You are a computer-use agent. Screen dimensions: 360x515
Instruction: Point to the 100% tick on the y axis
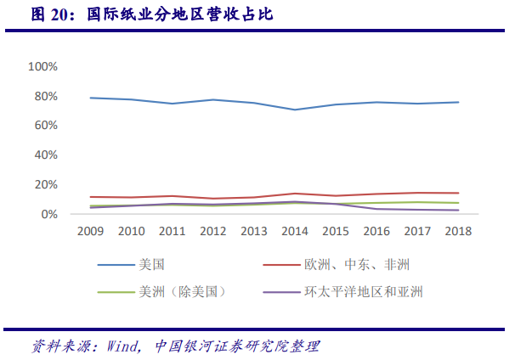click(x=42, y=66)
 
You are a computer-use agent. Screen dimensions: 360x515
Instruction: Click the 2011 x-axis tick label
click(x=171, y=231)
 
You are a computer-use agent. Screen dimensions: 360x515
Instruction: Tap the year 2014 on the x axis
click(x=294, y=231)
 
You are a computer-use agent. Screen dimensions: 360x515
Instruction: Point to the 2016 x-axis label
click(x=376, y=231)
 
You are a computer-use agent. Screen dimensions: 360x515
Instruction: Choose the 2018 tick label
click(x=459, y=231)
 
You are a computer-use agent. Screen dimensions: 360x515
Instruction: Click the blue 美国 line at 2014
click(x=294, y=110)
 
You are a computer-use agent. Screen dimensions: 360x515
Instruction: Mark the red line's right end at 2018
click(x=459, y=193)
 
